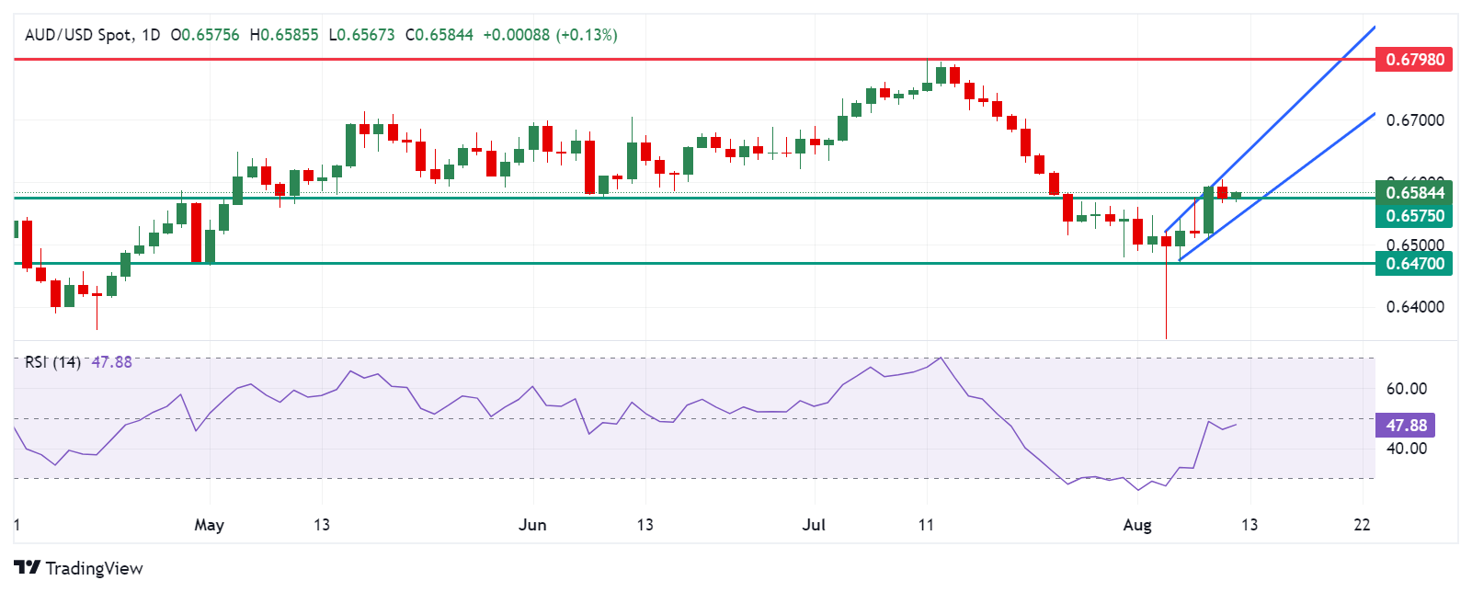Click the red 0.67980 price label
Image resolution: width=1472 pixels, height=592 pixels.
[x=1415, y=60]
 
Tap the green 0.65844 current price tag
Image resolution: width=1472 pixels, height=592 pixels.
[x=1415, y=192]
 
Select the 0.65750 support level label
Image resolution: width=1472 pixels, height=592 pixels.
[x=1415, y=216]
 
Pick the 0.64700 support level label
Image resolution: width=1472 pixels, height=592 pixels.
[x=1415, y=264]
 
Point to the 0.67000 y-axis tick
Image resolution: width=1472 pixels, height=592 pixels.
[x=1415, y=120]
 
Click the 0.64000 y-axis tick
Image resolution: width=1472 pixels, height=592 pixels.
[x=1415, y=307]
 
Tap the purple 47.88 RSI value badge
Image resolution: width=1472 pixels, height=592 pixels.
[x=1406, y=426]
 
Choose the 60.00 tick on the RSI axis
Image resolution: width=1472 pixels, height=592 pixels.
[x=1406, y=389]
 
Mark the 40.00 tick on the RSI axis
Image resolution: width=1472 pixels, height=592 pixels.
[x=1406, y=449]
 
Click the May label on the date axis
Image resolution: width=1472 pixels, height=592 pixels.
[x=209, y=525]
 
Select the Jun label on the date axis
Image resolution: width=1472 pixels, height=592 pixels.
[x=532, y=525]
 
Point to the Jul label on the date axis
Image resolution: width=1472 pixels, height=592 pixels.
[x=814, y=525]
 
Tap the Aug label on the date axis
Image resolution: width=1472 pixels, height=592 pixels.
[x=1137, y=525]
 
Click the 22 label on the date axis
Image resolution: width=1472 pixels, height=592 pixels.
[x=1363, y=525]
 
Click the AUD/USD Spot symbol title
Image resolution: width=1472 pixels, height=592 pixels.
[x=79, y=35]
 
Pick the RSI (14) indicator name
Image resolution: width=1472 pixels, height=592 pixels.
[x=52, y=362]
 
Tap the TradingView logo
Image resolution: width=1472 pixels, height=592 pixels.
[x=79, y=568]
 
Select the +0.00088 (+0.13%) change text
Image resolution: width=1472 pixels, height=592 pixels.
[x=549, y=35]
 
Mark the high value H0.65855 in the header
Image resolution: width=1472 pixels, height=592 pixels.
[x=284, y=35]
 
